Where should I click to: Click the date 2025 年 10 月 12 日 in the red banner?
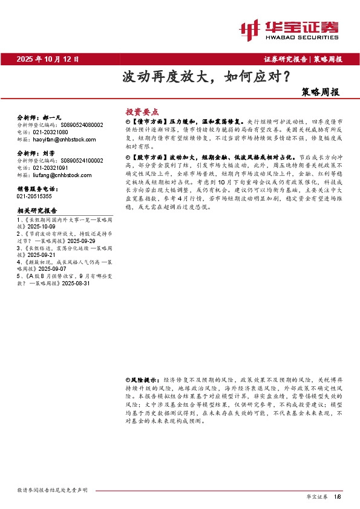point(48,59)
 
